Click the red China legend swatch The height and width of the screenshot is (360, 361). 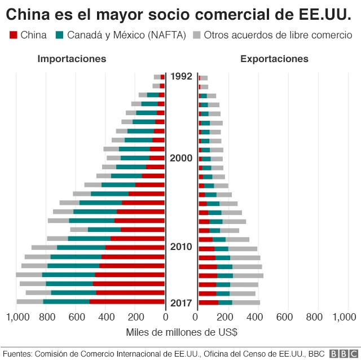pos(14,36)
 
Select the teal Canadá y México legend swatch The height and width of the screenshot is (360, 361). pos(60,36)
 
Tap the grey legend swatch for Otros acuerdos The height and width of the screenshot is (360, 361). pos(197,36)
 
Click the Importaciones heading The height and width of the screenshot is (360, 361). pos(72,59)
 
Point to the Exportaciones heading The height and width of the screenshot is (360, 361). pos(274,59)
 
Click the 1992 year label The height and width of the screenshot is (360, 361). pos(181,76)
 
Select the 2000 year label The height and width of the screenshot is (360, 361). pos(181,158)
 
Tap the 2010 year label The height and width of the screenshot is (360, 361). pos(181,247)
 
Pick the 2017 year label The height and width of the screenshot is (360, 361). pos(181,302)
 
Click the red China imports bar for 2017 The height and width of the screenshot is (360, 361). pos(127,302)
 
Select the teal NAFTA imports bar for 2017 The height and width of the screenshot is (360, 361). pos(66,302)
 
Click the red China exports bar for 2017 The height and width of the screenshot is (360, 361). pos(208,302)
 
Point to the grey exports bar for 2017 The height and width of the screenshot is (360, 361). pos(246,302)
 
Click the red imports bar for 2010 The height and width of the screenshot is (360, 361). pos(135,247)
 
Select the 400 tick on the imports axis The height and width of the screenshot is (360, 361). pos(105,318)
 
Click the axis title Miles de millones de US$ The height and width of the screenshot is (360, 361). pos(181,332)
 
